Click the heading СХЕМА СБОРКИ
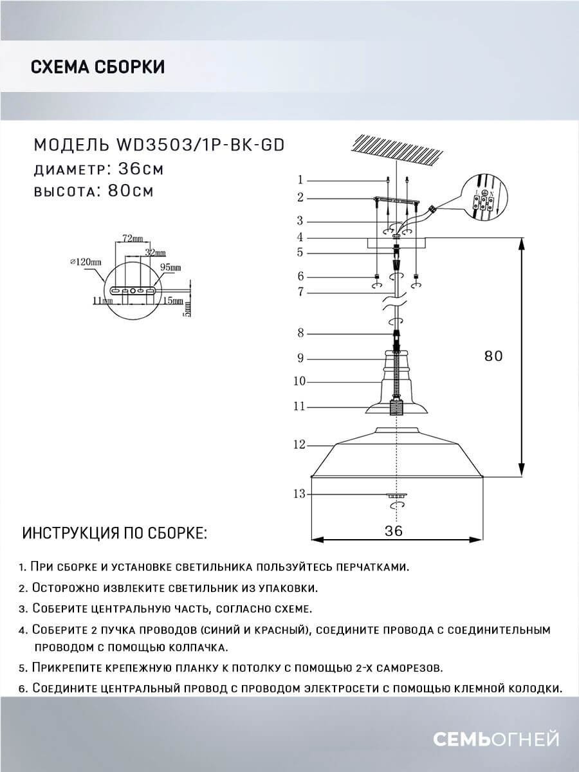pyautogui.click(x=97, y=67)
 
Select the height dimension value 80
pyautogui.click(x=493, y=356)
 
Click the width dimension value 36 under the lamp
pyautogui.click(x=394, y=531)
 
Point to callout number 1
pyautogui.click(x=300, y=180)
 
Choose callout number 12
pyautogui.click(x=298, y=445)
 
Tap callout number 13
pyautogui.click(x=298, y=494)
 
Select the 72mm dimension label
pyautogui.click(x=127, y=238)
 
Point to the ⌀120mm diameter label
pyautogui.click(x=86, y=262)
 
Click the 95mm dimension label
pyautogui.click(x=171, y=266)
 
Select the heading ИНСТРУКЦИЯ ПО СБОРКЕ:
pyautogui.click(x=115, y=534)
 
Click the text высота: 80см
pyautogui.click(x=93, y=191)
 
